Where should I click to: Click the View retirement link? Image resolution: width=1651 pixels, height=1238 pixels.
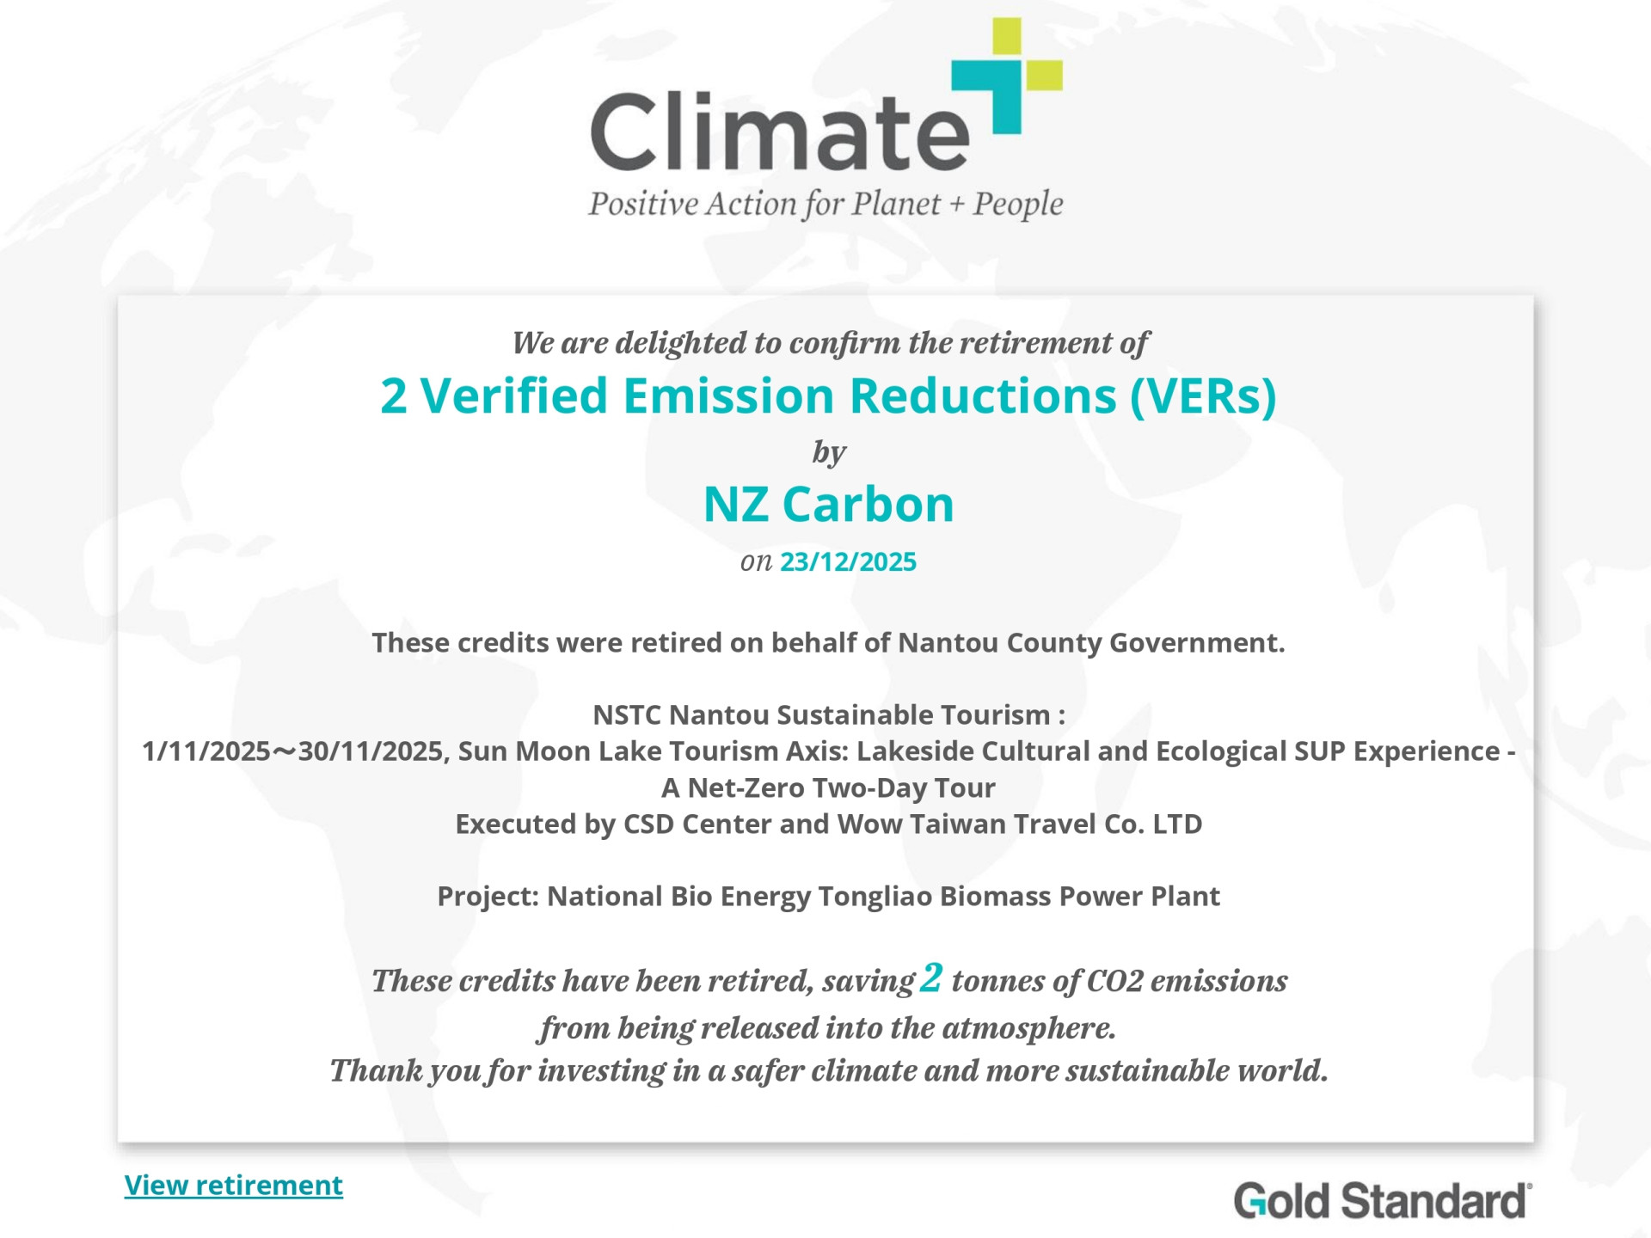(233, 1185)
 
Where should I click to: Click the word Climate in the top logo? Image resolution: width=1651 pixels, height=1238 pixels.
(780, 132)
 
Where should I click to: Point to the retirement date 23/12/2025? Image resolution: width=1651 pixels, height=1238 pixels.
(848, 561)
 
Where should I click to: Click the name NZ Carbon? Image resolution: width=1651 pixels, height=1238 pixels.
(829, 504)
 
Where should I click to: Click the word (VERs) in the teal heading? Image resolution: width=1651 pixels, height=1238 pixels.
(1203, 395)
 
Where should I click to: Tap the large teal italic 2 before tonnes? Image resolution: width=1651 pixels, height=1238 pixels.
(931, 978)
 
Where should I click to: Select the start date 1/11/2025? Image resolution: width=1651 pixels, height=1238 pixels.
(206, 751)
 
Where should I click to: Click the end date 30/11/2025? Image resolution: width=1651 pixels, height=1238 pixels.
(371, 752)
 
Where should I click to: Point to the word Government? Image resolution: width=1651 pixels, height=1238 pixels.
(1197, 642)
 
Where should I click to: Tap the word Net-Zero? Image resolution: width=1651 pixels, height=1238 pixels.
(745, 788)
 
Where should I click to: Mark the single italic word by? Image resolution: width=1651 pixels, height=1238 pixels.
(829, 452)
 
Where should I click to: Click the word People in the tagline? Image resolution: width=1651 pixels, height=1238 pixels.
(1018, 204)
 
